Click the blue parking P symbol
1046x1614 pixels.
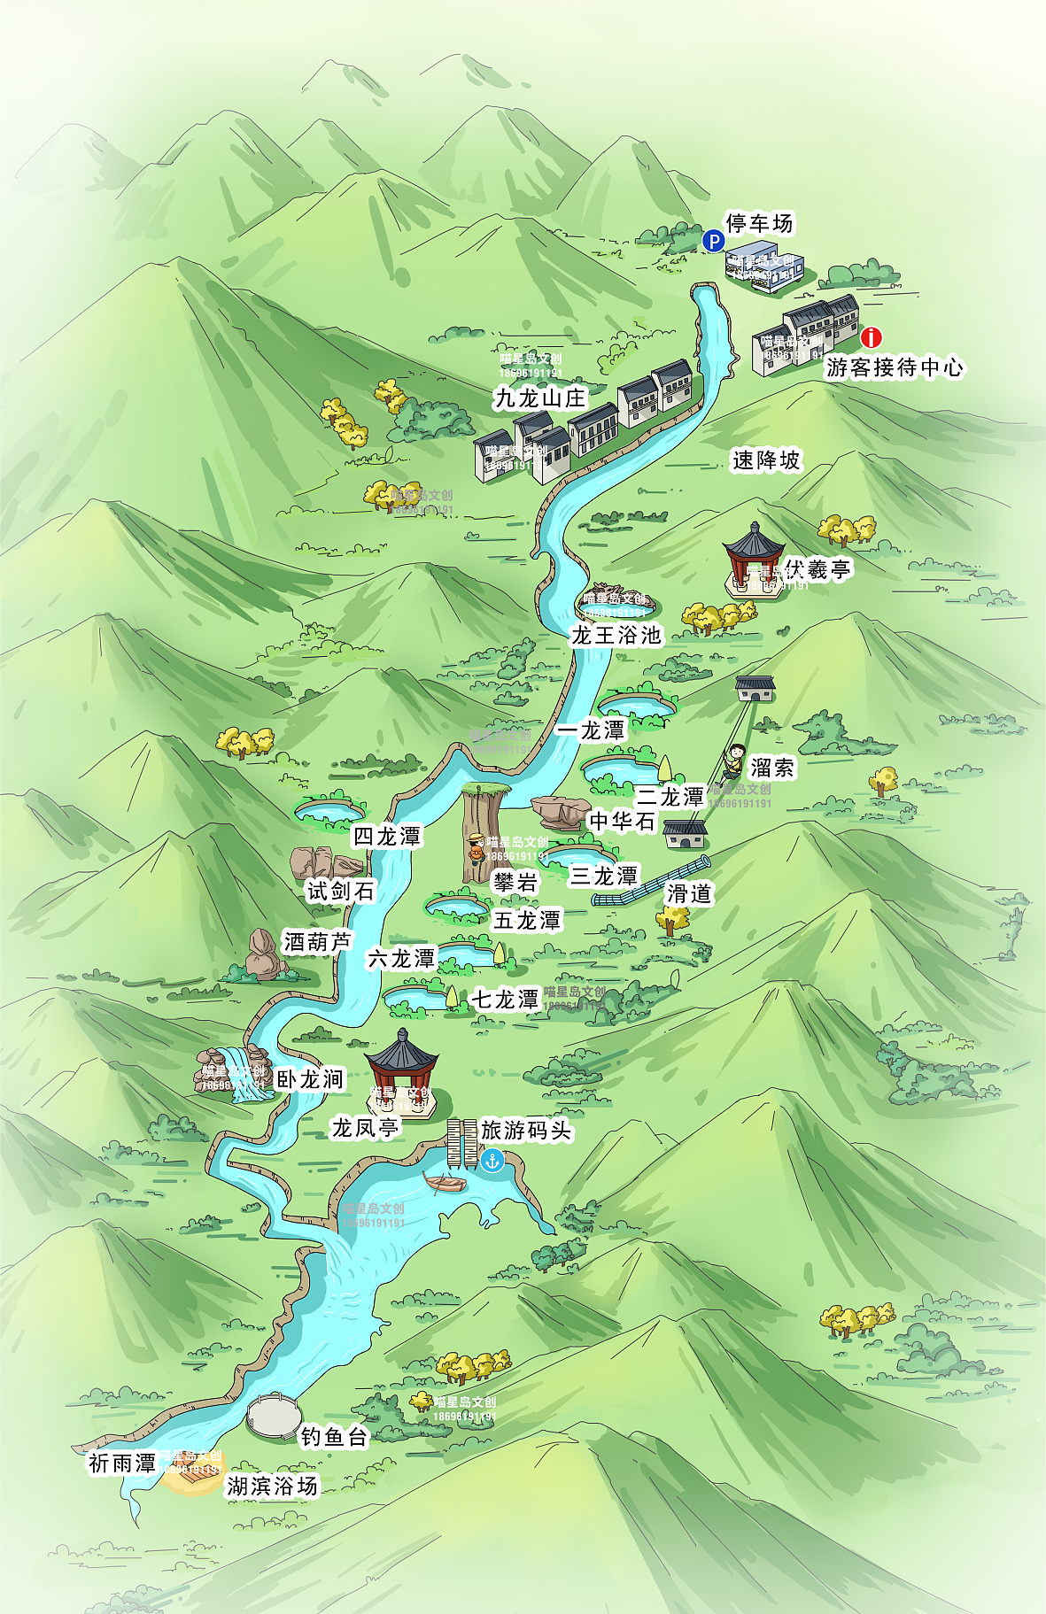point(714,241)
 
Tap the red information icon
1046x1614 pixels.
point(872,337)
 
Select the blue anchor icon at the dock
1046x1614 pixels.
point(492,1160)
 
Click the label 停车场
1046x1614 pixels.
point(759,223)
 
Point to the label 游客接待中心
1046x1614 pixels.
point(895,367)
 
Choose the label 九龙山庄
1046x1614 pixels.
point(540,398)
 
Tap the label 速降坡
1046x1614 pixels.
point(766,460)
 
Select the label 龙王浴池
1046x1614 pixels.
point(616,635)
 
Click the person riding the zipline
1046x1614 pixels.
point(734,760)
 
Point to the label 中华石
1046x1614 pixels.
point(622,822)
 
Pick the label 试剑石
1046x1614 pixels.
point(341,891)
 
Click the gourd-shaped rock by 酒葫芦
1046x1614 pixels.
point(262,954)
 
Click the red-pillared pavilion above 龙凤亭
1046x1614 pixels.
point(402,1067)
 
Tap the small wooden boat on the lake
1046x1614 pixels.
point(446,1183)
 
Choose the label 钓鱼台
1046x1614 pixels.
point(334,1436)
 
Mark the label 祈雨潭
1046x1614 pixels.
point(122,1463)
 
